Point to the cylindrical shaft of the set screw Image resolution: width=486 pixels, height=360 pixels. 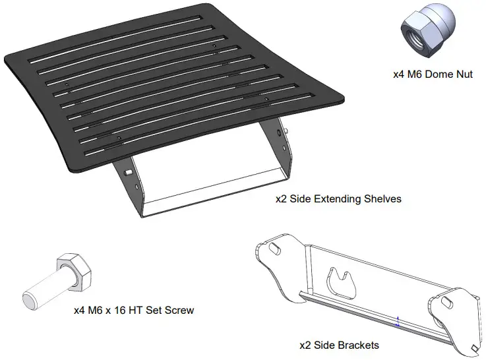44,289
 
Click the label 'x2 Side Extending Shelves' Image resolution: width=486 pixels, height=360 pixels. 338,198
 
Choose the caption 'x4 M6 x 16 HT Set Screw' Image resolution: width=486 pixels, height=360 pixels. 134,309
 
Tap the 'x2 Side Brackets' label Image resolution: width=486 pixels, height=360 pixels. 339,344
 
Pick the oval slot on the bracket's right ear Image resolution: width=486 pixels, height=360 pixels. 446,301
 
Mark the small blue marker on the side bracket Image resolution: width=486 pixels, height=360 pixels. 397,321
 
